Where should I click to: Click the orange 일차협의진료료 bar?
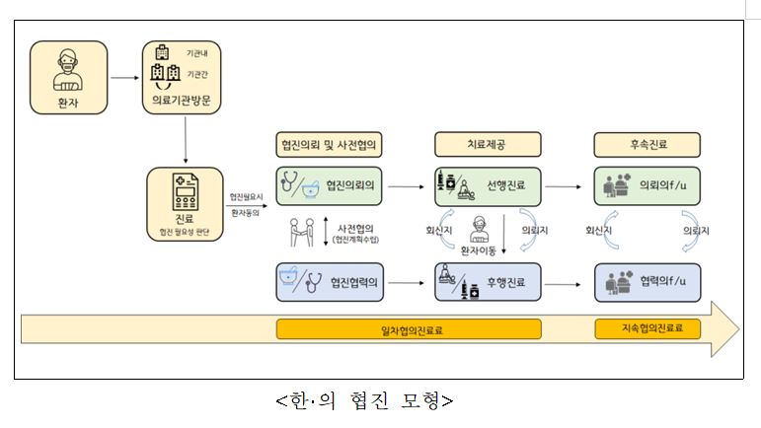click(x=412, y=329)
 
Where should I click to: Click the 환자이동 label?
click(x=481, y=250)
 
